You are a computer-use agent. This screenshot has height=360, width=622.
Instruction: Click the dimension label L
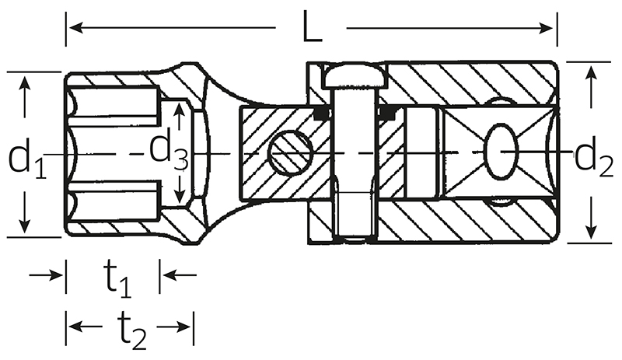[x=313, y=26]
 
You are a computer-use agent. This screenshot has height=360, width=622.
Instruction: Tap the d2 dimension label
[x=594, y=157]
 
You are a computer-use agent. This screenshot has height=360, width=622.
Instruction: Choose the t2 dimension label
[x=132, y=330]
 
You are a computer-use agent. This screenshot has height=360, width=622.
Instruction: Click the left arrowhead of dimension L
[x=75, y=28]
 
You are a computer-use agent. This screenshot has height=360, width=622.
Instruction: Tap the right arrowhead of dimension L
[x=546, y=28]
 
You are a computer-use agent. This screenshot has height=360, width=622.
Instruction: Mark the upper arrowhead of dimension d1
[x=25, y=84]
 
